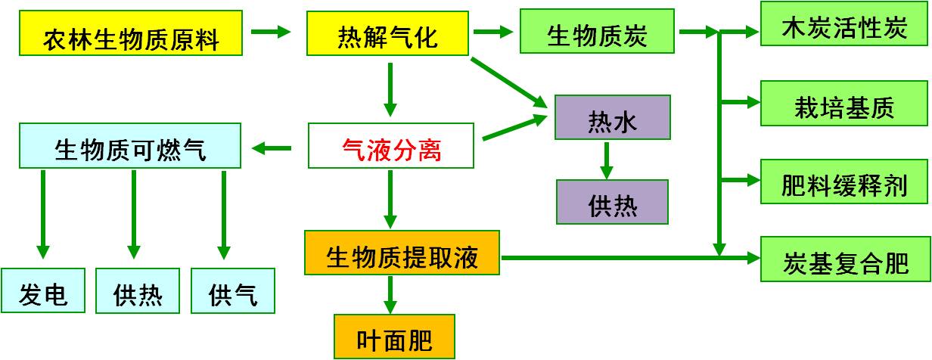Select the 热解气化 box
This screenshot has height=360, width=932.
(387, 33)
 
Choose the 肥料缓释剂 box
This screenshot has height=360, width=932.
(844, 182)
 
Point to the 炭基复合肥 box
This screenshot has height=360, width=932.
(844, 259)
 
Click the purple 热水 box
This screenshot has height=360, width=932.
(612, 117)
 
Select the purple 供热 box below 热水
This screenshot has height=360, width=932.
(612, 202)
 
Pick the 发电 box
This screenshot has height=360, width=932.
(42, 291)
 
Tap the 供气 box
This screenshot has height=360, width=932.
(232, 291)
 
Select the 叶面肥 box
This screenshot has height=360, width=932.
(394, 337)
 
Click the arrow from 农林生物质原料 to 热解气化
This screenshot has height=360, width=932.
(271, 32)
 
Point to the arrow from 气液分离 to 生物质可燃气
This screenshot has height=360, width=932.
(272, 148)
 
